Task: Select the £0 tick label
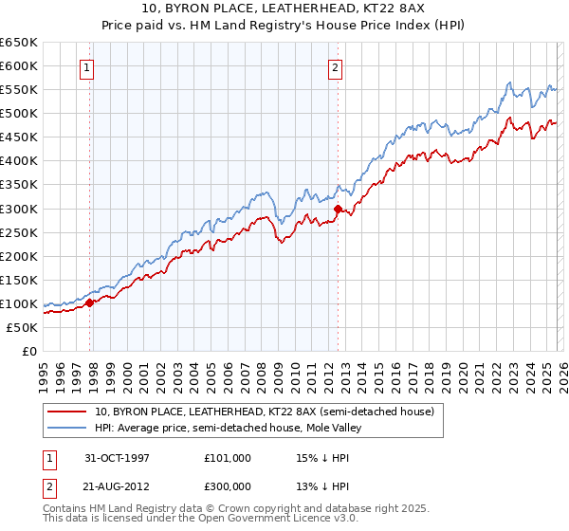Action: coord(29,351)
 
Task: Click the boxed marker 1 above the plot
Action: coord(87,67)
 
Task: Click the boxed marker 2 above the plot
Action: coord(336,67)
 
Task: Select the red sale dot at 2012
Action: coord(339,209)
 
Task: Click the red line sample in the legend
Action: coord(67,412)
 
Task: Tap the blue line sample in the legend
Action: coord(67,429)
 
